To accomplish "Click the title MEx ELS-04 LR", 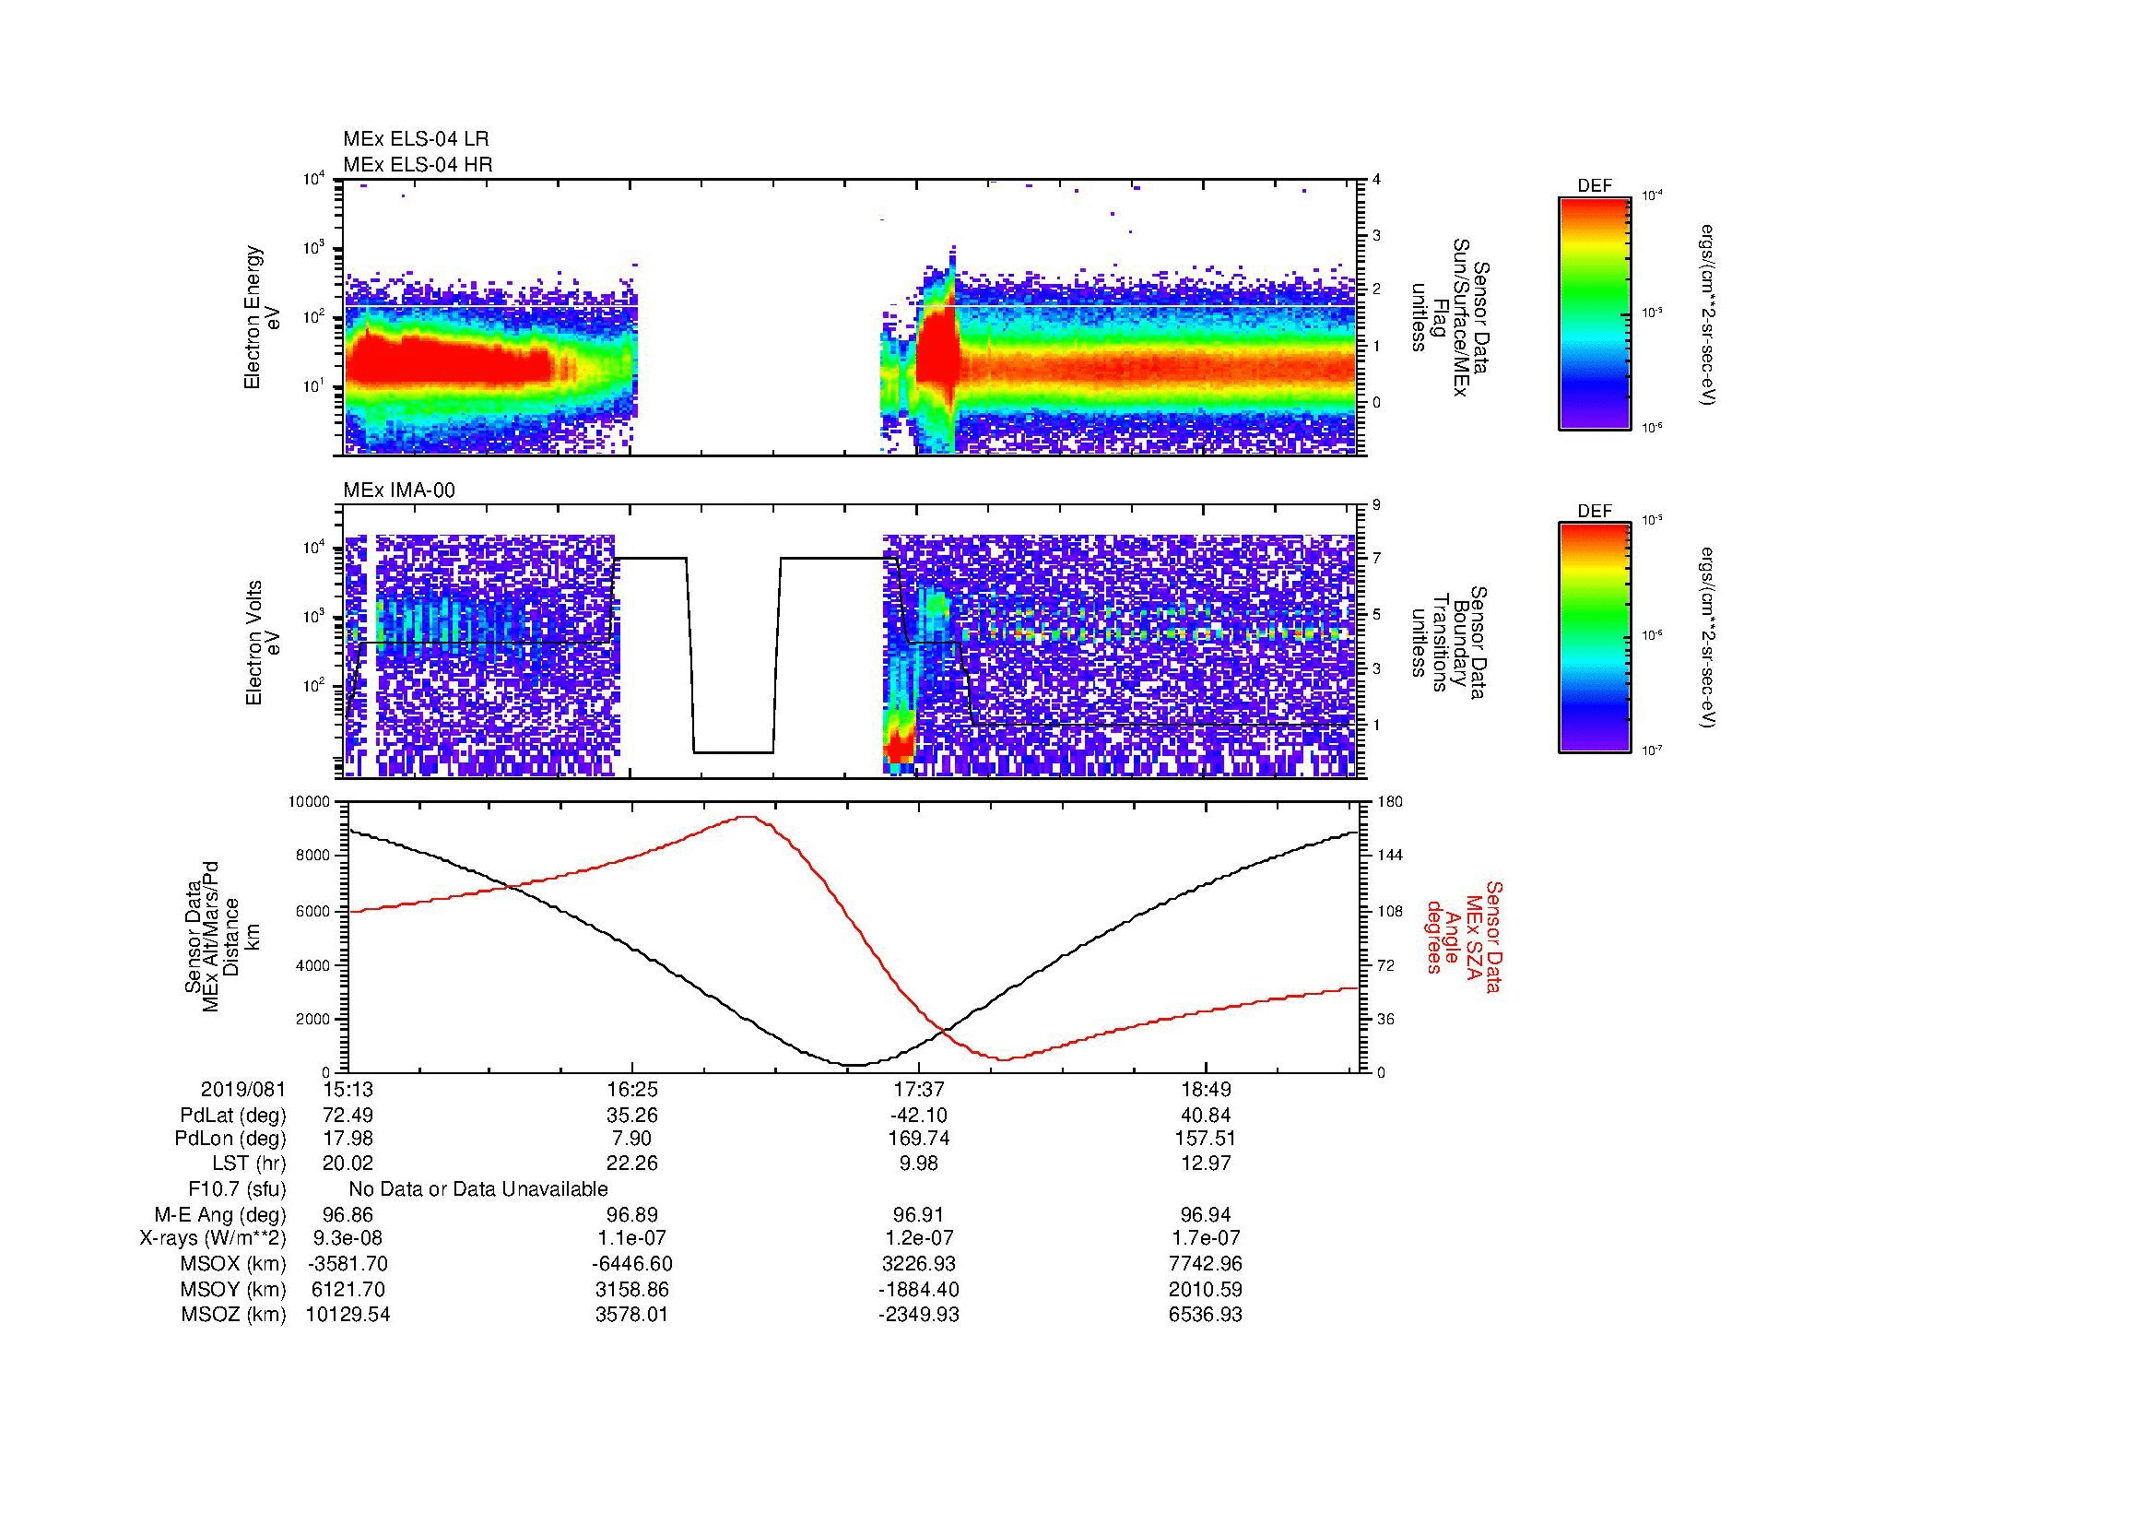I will point(415,139).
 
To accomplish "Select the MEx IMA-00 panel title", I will point(399,490).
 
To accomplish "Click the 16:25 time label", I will point(632,1090).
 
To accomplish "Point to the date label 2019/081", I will point(243,1090).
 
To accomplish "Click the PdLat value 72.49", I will point(348,1116).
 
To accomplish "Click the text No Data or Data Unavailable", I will point(478,1189).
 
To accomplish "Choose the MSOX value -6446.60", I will point(634,1264).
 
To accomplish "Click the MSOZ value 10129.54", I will point(348,1315).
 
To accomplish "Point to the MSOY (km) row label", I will point(233,1289).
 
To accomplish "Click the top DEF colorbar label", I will point(1595,186).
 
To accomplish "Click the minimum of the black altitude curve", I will point(854,1065).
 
